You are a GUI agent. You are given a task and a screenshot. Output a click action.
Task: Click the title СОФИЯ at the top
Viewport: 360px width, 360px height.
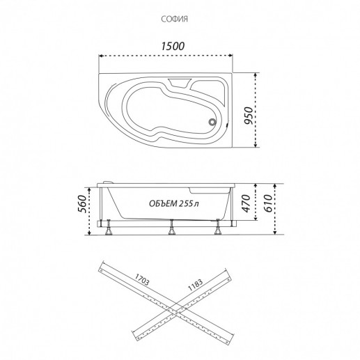tap(174, 19)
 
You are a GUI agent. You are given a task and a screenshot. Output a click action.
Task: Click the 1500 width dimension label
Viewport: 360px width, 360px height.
tap(173, 46)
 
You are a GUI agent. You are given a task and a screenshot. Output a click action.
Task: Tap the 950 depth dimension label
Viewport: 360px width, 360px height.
tap(248, 116)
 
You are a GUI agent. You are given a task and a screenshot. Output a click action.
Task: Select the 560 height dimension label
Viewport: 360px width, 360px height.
tap(81, 204)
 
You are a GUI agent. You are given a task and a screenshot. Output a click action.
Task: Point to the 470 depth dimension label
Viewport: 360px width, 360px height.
tap(246, 203)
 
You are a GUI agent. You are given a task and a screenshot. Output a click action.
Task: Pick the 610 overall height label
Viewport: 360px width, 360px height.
tap(267, 203)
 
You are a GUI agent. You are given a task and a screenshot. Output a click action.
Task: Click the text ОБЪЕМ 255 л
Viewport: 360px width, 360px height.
tap(174, 203)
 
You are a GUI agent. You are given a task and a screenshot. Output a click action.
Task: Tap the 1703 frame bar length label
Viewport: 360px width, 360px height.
tap(141, 279)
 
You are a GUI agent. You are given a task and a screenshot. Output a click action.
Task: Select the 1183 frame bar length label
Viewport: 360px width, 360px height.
tap(195, 285)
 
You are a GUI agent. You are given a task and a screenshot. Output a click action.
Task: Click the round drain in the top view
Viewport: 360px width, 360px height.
tap(212, 122)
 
